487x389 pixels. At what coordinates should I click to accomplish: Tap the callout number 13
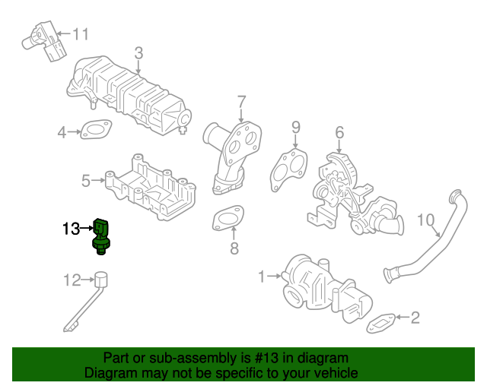(x=70, y=228)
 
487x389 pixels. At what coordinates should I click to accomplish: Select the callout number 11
(x=81, y=33)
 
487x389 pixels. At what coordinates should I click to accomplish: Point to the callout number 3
(x=138, y=52)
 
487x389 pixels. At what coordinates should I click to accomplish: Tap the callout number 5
(x=86, y=181)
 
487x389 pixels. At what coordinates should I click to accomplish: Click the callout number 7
(x=241, y=101)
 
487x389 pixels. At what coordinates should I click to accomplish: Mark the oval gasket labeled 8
(x=226, y=219)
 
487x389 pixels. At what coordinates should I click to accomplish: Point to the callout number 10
(x=427, y=221)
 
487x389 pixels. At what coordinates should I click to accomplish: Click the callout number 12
(x=71, y=281)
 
